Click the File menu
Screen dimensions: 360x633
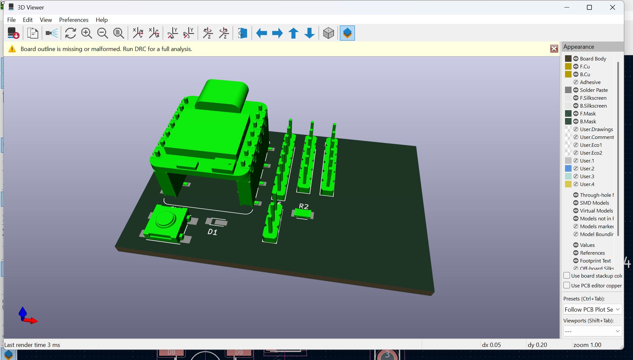[x=11, y=20]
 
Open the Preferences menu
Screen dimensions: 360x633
[x=74, y=20]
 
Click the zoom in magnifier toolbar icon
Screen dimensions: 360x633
[x=87, y=33]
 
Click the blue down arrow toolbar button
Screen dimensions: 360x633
[x=309, y=33]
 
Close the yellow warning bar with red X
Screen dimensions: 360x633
[x=554, y=49]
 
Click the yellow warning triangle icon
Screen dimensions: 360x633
[x=12, y=49]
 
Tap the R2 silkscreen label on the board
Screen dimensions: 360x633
[x=304, y=206]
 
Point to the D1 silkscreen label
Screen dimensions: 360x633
[x=212, y=232]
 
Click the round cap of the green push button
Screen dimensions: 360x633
[x=165, y=218]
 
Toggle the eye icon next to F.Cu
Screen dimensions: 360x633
[x=576, y=66]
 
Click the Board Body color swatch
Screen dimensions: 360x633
[x=568, y=59]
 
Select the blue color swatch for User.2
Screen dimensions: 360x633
[x=568, y=168]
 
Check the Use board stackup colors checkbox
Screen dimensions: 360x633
[x=567, y=276]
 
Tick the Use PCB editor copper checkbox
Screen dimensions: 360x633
[x=567, y=285]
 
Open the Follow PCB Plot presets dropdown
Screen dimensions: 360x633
[x=592, y=309]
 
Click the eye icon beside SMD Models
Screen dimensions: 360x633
[x=576, y=203]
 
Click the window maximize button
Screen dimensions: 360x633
[x=589, y=8]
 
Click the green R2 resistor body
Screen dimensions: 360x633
[x=302, y=214]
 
